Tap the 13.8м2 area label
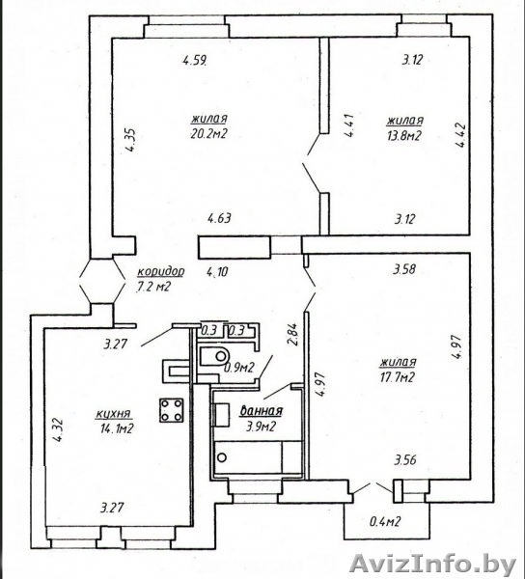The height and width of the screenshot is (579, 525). tap(403, 136)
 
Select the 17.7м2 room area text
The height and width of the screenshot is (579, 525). tap(397, 377)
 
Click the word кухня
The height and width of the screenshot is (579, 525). tap(113, 414)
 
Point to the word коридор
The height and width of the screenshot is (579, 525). tap(160, 272)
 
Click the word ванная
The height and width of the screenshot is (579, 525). tap(262, 411)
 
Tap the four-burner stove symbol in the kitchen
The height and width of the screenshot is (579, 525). tap(172, 410)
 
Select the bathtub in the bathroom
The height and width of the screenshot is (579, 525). tap(258, 457)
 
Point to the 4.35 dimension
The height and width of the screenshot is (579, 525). tap(130, 140)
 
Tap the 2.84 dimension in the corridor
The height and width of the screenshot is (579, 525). tap(293, 334)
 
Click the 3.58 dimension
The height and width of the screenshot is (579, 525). tap(404, 269)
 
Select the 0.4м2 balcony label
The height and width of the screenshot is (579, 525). tap(385, 521)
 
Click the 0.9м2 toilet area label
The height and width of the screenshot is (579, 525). tap(239, 368)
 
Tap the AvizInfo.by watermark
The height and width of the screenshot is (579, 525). tap(433, 565)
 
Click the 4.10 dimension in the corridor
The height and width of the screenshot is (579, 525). tap(218, 272)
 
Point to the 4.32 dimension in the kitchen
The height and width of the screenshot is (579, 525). tap(59, 430)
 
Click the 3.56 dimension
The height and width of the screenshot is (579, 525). tap(405, 460)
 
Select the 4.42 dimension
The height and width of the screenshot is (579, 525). tap(462, 135)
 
